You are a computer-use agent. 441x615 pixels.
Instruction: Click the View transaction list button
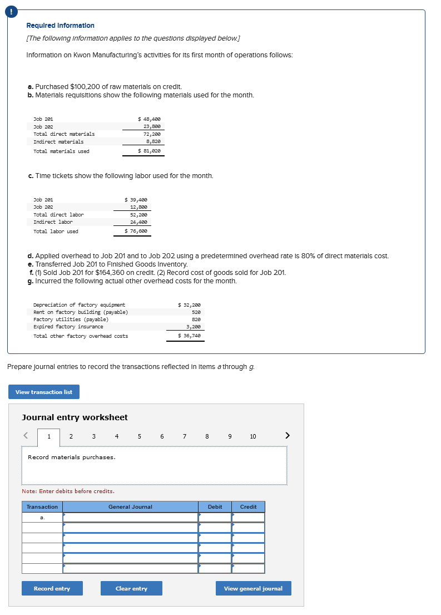click(x=44, y=392)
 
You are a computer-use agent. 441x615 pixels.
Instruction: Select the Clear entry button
click(x=131, y=588)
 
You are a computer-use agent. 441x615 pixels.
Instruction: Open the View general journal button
click(x=253, y=588)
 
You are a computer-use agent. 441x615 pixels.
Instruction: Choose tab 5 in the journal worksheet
click(x=139, y=436)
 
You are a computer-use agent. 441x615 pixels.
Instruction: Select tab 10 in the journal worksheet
click(x=253, y=436)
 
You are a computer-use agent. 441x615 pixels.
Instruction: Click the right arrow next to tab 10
click(x=287, y=436)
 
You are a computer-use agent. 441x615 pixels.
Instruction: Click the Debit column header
click(x=215, y=506)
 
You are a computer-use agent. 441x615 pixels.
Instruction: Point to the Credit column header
click(x=248, y=506)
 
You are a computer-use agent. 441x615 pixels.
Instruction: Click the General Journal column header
click(x=130, y=506)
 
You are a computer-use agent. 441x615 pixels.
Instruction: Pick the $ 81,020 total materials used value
click(x=150, y=151)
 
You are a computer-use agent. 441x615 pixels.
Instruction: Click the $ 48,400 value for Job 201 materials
click(x=150, y=119)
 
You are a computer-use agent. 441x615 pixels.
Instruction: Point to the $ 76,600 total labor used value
click(x=136, y=231)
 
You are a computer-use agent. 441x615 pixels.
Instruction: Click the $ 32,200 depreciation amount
click(x=189, y=305)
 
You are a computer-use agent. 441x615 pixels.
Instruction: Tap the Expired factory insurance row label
click(x=68, y=327)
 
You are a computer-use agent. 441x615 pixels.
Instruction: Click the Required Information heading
click(x=60, y=26)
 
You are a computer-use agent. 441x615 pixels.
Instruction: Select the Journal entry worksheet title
click(x=75, y=417)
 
